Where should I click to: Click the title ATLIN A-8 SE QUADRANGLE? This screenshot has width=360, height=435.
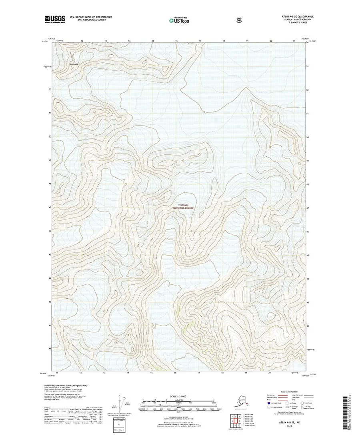point(295,16)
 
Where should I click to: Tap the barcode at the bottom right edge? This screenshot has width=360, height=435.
point(346,412)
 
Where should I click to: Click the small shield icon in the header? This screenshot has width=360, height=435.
point(205,19)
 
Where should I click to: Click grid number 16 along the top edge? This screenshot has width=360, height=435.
point(176,41)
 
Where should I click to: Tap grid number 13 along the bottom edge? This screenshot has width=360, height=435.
point(105,373)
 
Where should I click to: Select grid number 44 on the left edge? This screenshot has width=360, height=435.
point(50,278)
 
